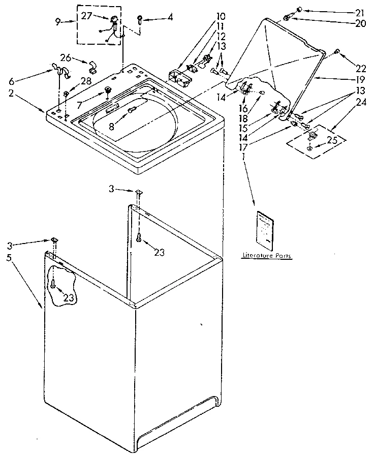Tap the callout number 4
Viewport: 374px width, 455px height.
pyautogui.click(x=170, y=17)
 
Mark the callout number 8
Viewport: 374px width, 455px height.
pyautogui.click(x=111, y=127)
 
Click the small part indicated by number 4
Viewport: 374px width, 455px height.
pyautogui.click(x=139, y=19)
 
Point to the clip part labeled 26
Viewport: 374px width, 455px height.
pyautogui.click(x=92, y=65)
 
